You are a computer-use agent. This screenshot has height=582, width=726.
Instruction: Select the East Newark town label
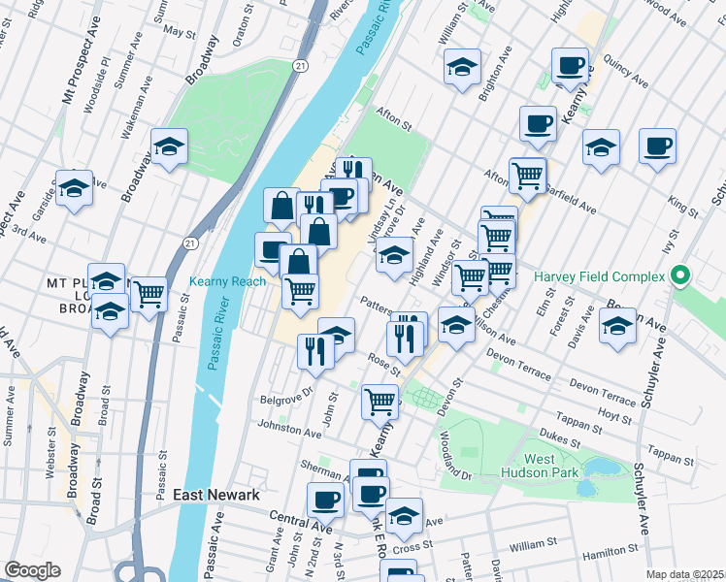215,495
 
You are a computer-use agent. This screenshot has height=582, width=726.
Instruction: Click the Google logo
32,570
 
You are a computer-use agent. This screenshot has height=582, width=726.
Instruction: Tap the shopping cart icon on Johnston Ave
379,401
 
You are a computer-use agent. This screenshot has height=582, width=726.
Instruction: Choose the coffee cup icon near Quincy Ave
570,65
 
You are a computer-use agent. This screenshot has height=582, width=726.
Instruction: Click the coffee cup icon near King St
657,145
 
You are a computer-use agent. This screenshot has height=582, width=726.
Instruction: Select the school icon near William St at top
462,67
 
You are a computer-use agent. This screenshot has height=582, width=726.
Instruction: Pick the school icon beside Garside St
74,188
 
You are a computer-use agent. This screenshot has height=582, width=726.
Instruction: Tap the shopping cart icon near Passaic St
148,294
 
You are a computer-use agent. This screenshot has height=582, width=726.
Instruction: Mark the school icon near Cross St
404,515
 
